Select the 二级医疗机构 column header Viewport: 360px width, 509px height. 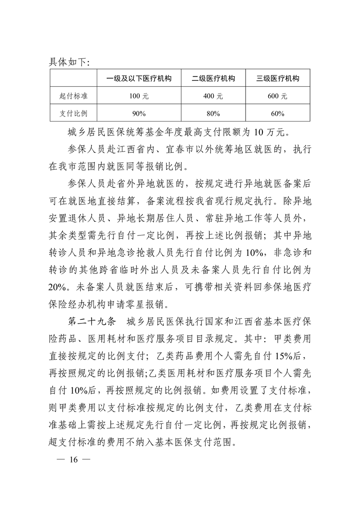point(213,78)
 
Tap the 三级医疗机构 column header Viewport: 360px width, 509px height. point(278,78)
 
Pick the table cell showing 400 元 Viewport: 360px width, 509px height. point(213,96)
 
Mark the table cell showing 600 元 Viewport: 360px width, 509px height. point(278,96)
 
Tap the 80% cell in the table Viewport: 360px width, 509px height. point(213,113)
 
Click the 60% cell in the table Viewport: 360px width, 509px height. point(278,113)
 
